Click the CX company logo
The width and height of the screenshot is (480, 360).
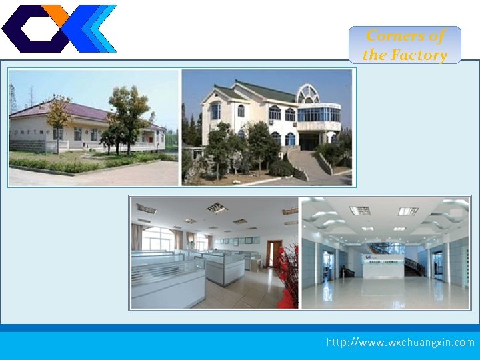coord(59,28)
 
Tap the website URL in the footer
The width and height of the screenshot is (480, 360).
coord(400,342)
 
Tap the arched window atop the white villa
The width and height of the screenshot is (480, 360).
coord(308,93)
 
